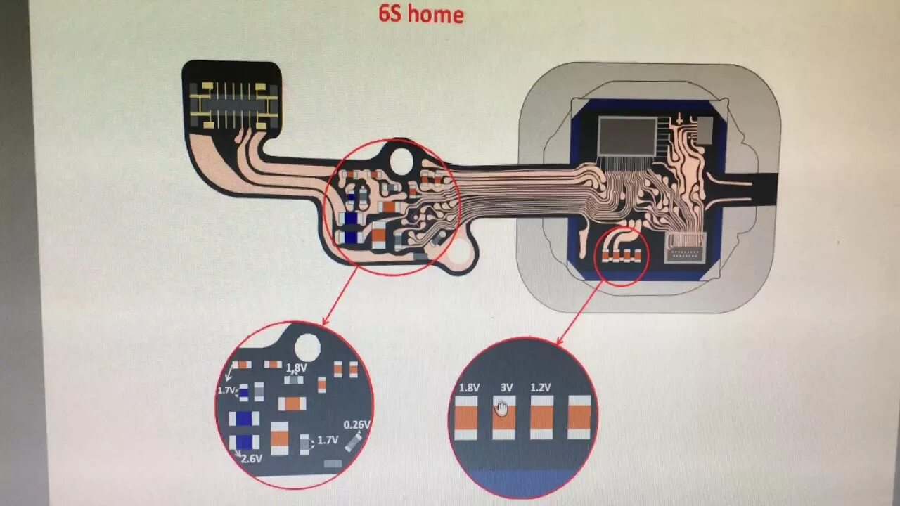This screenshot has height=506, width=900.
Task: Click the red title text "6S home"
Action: pos(421,14)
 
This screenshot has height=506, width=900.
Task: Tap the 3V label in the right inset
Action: pos(506,387)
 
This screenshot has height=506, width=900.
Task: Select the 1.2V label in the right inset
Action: pos(540,387)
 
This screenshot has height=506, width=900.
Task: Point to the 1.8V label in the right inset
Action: pos(469,387)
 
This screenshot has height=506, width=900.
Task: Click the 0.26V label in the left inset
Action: pos(356,424)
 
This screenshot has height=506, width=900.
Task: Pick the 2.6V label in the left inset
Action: pos(251,459)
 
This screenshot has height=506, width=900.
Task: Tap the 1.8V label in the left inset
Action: pos(296,368)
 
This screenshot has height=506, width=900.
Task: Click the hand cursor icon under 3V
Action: pos(501,408)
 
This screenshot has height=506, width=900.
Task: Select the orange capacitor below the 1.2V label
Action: pos(541,417)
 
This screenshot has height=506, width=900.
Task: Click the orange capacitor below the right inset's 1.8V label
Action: pos(465,417)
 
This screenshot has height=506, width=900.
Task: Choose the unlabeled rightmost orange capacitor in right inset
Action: pos(579,417)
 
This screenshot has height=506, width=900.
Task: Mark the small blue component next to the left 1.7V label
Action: pos(243,392)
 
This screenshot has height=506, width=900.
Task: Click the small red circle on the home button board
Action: pos(622,256)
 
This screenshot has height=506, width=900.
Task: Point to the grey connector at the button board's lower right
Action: pos(685,247)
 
